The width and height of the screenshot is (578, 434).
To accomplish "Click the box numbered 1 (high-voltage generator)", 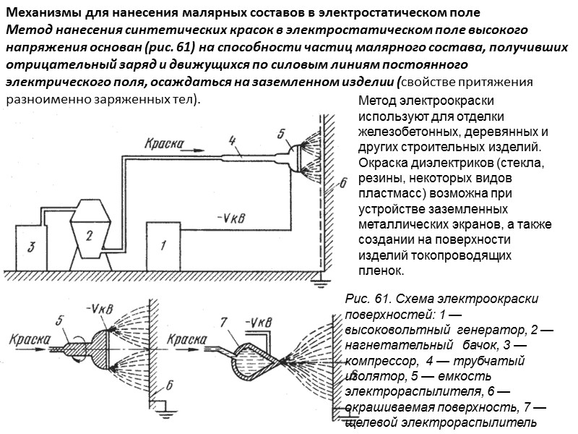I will pos(164,246).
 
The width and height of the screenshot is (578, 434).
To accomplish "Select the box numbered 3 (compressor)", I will pos(31,247).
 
